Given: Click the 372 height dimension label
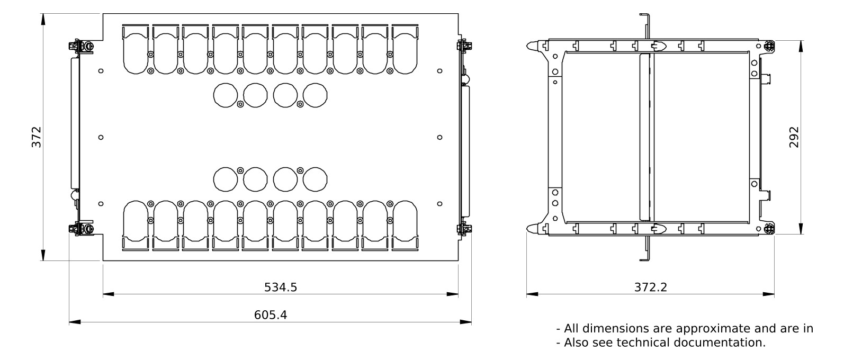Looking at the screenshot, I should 36,137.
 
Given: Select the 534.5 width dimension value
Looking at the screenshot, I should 281,287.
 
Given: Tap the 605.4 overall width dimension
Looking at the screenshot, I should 271,314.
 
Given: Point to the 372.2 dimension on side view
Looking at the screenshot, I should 650,287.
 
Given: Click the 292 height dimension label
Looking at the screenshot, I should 794,137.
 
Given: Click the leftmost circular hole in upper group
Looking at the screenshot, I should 226,95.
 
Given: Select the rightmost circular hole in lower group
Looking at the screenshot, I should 316,178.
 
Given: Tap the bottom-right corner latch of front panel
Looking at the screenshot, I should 464,229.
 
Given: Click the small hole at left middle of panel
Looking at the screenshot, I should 101,137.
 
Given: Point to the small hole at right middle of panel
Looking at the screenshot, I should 440,137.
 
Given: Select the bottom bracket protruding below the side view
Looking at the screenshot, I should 646,249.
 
